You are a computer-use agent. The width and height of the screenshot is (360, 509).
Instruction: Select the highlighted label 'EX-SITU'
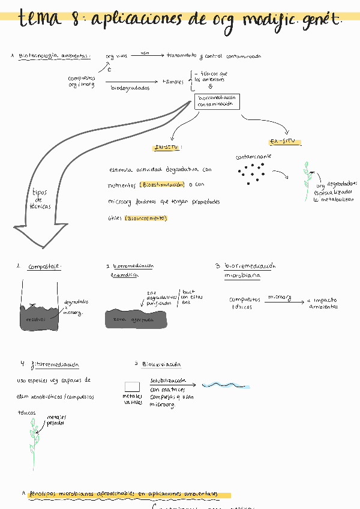click(x=285, y=142)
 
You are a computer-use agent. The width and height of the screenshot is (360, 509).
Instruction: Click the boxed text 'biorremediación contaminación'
click(x=217, y=100)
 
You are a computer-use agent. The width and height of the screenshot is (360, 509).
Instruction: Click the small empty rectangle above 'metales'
click(x=131, y=387)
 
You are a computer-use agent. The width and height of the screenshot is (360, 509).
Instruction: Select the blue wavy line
click(x=226, y=385)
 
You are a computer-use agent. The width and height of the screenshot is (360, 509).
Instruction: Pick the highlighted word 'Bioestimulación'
click(x=161, y=185)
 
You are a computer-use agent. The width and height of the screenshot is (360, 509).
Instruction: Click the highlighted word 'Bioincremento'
click(x=146, y=218)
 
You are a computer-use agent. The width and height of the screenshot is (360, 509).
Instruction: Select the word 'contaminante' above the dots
click(x=253, y=157)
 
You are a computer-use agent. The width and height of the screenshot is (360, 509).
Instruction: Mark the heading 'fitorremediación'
click(x=54, y=364)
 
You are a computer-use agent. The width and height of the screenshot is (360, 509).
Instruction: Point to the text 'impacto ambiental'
click(x=322, y=303)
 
